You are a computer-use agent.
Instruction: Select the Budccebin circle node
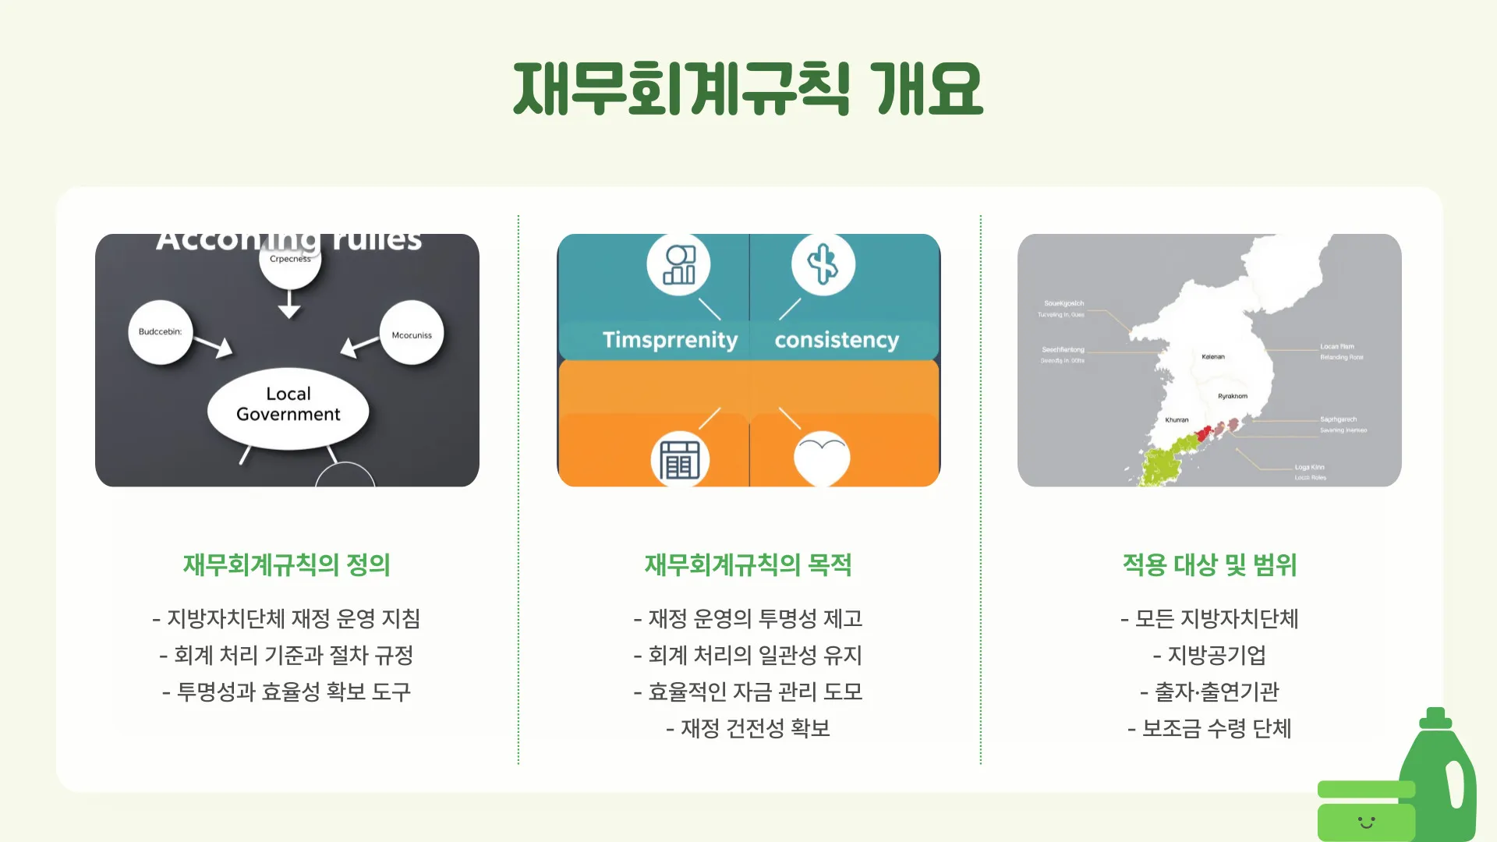(x=160, y=332)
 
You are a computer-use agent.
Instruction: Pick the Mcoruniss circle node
(x=412, y=335)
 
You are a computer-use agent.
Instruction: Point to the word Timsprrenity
(x=670, y=340)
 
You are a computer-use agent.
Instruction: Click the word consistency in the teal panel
(x=837, y=340)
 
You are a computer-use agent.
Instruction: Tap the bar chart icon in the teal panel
(x=678, y=264)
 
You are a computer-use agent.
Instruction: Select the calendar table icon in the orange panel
(x=679, y=459)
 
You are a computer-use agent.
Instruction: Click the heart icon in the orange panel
(x=822, y=458)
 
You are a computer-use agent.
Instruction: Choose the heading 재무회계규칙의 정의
(x=286, y=564)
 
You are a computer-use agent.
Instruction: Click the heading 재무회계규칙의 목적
(x=748, y=564)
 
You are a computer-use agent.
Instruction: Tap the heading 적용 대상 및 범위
(x=1209, y=564)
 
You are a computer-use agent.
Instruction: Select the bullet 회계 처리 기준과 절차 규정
(x=286, y=655)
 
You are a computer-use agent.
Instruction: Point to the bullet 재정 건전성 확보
(x=748, y=728)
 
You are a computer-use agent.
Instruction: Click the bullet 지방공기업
(x=1209, y=655)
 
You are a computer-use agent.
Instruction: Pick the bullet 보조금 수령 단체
(x=1209, y=728)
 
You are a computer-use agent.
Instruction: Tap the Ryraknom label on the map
(x=1233, y=396)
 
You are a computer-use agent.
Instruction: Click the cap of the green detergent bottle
(x=1435, y=718)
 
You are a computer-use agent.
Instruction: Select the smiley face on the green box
(x=1366, y=822)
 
